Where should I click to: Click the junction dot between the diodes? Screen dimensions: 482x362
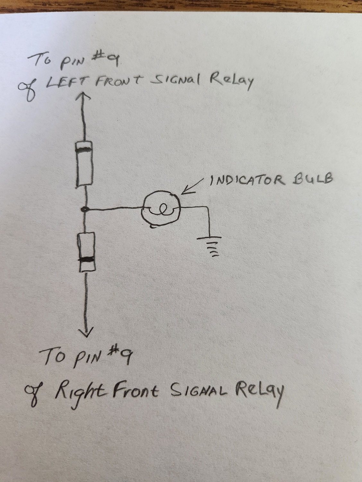pyautogui.click(x=85, y=210)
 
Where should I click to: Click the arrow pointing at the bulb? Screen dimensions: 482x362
pyautogui.click(x=193, y=187)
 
